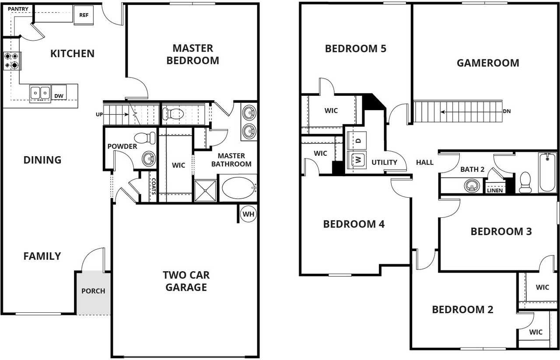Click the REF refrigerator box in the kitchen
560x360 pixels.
point(84,15)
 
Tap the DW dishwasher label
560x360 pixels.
point(58,96)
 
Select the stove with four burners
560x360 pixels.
point(12,61)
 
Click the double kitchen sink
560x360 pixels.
point(40,93)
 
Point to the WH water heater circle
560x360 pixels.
point(248,214)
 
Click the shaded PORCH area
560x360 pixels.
point(93,292)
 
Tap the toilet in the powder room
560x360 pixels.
point(146,138)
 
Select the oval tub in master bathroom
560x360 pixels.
point(238,188)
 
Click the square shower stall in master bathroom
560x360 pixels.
point(205,190)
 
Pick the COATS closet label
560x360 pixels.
point(153,185)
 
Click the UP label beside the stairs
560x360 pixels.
point(99,114)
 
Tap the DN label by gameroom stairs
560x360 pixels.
point(507,112)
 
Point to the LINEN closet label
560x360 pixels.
point(494,190)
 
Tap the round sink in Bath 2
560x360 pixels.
point(471,186)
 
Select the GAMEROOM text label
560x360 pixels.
point(488,63)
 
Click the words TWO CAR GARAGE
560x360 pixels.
point(186,281)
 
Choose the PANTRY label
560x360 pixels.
point(18,9)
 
